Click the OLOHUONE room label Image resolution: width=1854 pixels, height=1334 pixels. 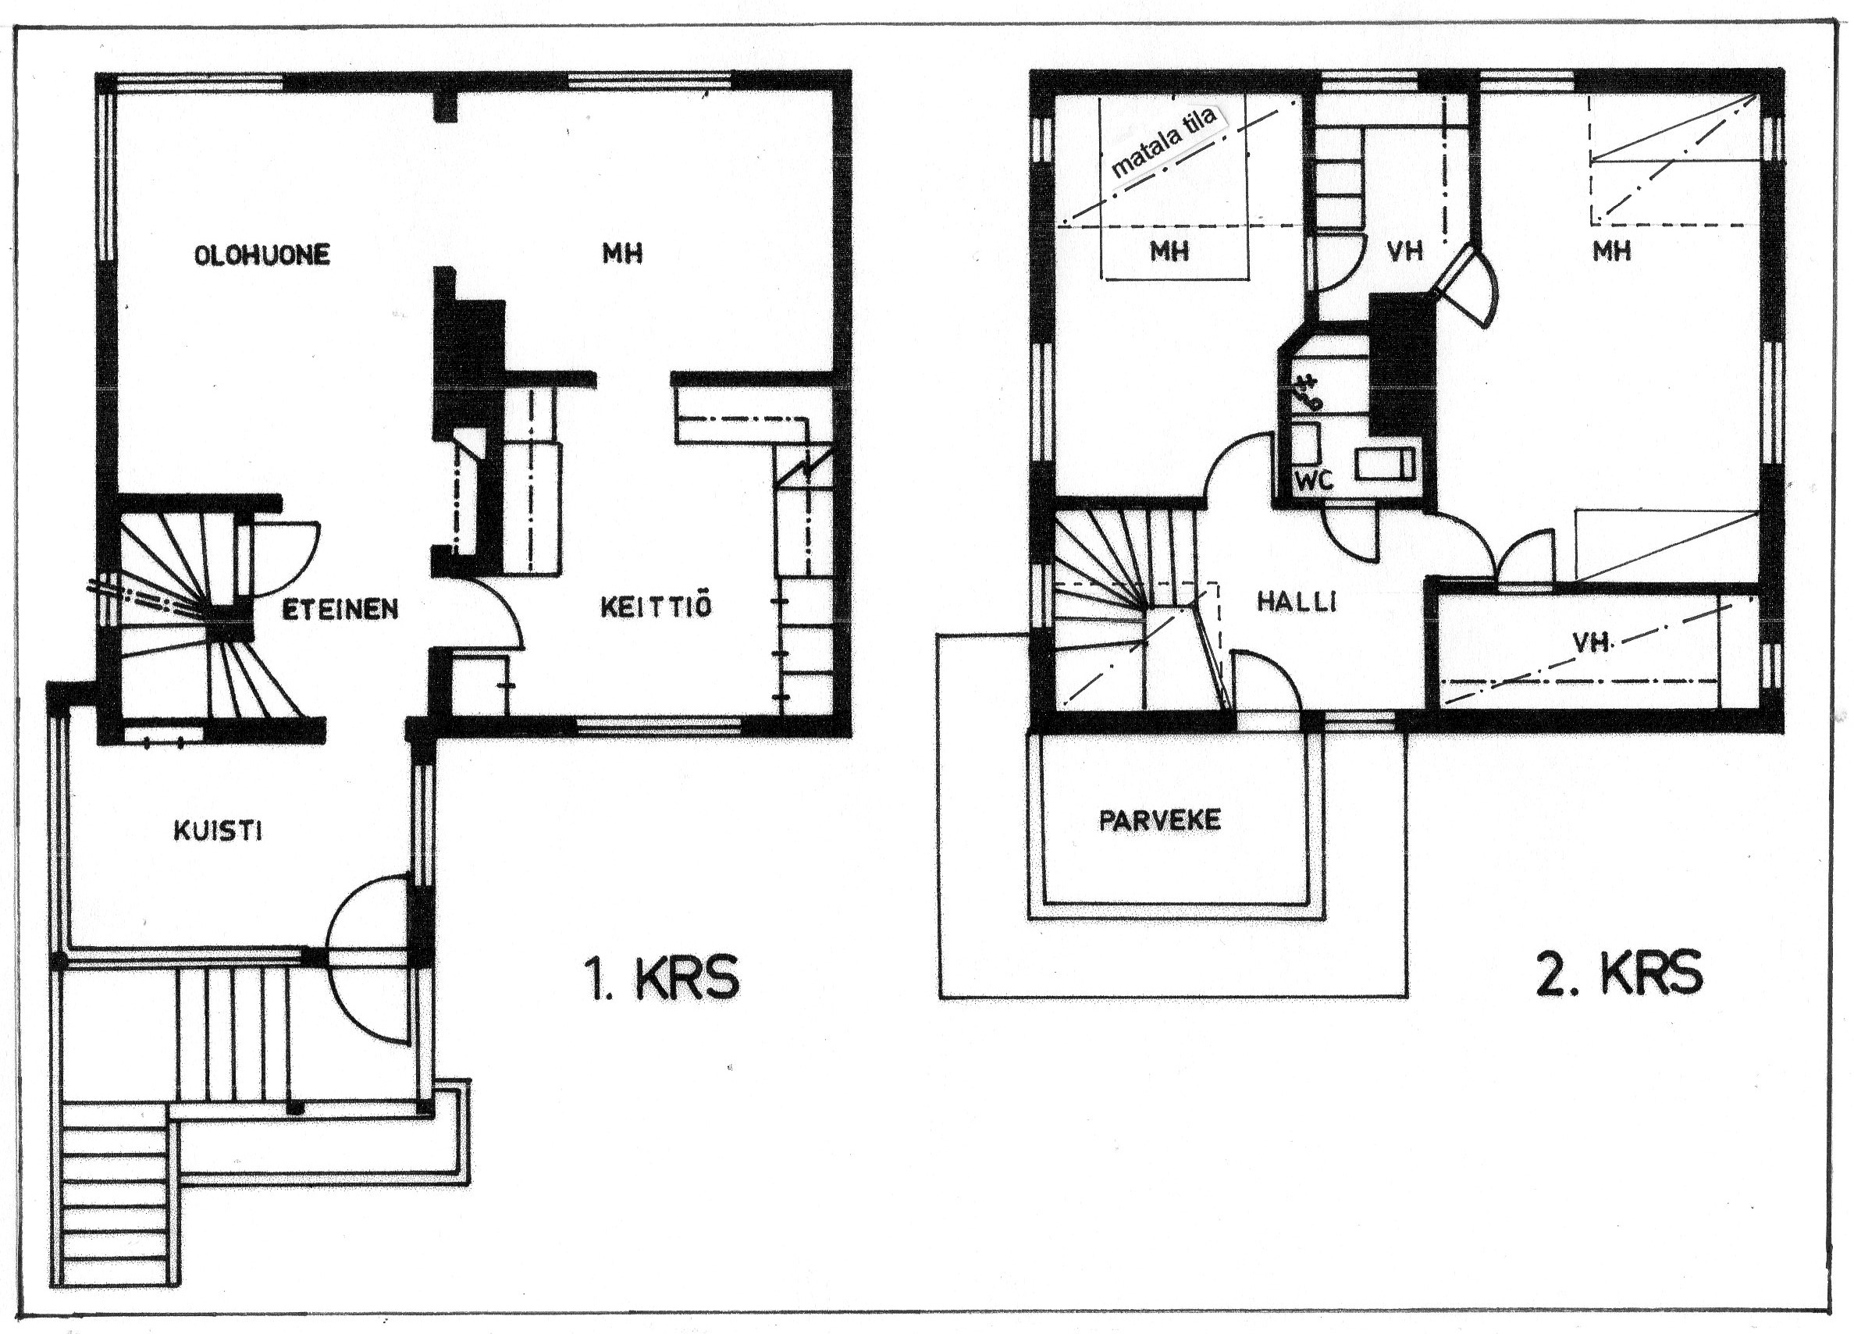pyautogui.click(x=262, y=254)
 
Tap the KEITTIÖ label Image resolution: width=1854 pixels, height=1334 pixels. pyautogui.click(x=657, y=607)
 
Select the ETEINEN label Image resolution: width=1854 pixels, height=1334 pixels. pyautogui.click(x=340, y=609)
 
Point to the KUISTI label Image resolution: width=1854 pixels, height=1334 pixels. pyautogui.click(x=218, y=831)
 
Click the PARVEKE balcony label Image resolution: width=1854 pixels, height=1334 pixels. pyautogui.click(x=1159, y=820)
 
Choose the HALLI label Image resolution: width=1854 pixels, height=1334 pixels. pyautogui.click(x=1297, y=603)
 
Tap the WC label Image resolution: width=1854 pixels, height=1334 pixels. pyautogui.click(x=1315, y=481)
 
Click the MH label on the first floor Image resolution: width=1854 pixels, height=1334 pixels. pyautogui.click(x=622, y=254)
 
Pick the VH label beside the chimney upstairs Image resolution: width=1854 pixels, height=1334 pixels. pyautogui.click(x=1405, y=250)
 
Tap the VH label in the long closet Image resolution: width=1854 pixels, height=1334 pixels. pyautogui.click(x=1590, y=642)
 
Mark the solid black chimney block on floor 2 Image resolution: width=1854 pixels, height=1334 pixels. pyautogui.click(x=1403, y=365)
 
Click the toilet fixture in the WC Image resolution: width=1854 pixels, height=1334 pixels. pyautogui.click(x=1385, y=464)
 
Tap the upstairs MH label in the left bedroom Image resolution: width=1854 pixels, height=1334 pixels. pyautogui.click(x=1169, y=250)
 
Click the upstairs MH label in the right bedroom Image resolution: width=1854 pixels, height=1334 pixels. pyautogui.click(x=1611, y=250)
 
